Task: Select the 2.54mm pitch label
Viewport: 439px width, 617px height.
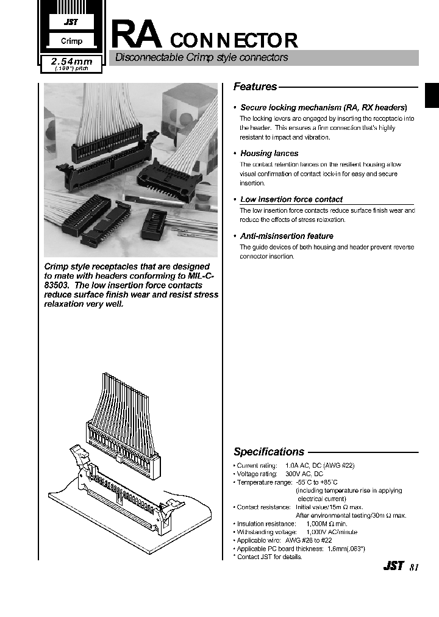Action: point(73,62)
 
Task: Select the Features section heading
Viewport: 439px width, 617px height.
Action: point(255,87)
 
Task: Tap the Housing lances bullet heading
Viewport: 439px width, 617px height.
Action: point(269,154)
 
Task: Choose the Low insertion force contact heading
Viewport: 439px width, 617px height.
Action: point(291,199)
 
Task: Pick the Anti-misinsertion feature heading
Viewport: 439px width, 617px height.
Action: point(287,236)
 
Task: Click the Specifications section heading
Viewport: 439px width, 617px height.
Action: point(269,452)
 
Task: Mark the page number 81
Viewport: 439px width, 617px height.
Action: point(414,567)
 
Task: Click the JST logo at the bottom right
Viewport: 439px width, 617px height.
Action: point(393,566)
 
